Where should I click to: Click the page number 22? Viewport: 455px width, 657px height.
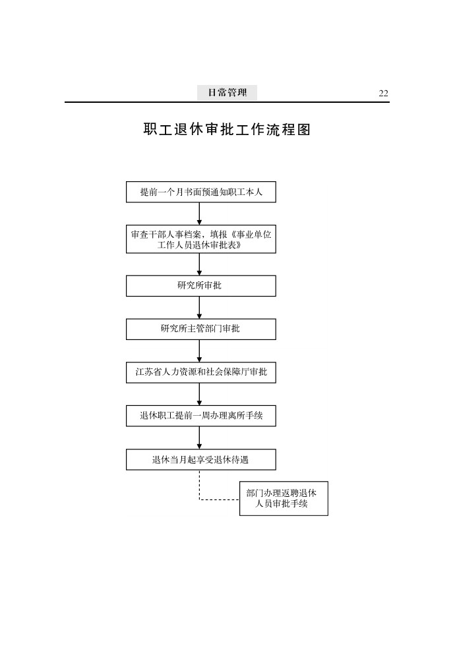[383, 93]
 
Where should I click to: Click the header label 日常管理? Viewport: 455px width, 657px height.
[228, 93]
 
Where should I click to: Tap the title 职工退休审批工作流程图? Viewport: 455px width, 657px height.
[227, 129]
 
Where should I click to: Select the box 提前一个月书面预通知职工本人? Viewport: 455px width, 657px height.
[201, 192]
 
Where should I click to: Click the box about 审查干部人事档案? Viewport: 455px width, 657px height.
[201, 239]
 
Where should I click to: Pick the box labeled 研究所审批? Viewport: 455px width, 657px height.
[201, 286]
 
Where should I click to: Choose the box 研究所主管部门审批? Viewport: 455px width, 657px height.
[201, 329]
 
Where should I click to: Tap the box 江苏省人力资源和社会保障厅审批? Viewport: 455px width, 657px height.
[201, 372]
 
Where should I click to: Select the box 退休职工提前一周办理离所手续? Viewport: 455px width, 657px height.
[201, 416]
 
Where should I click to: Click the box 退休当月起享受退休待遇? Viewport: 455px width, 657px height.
[201, 460]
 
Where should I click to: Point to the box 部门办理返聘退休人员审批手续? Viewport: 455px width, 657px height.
[284, 499]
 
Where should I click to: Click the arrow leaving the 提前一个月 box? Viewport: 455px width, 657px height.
[199, 214]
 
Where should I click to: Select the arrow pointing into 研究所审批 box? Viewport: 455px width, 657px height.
[199, 264]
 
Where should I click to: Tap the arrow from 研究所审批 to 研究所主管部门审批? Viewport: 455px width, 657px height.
[199, 308]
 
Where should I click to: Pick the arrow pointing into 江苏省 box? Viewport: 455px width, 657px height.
[199, 351]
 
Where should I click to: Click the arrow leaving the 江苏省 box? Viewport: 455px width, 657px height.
[199, 394]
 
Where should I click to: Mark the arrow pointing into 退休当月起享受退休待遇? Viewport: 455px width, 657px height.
[199, 438]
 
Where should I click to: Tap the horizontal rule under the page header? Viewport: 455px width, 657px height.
[227, 102]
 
